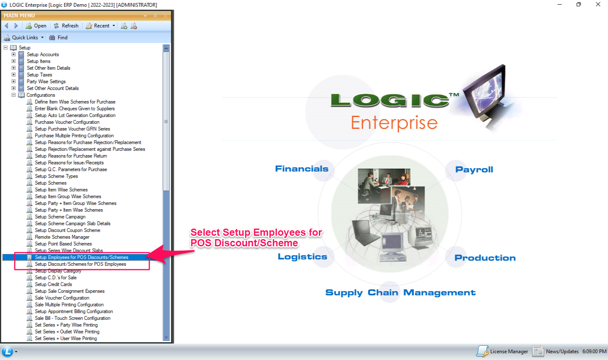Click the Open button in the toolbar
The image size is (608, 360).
pyautogui.click(x=36, y=26)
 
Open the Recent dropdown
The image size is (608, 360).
pyautogui.click(x=101, y=26)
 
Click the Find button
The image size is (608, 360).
pyautogui.click(x=58, y=38)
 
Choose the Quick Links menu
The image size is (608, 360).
pyautogui.click(x=24, y=38)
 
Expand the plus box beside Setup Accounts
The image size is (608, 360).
pyautogui.click(x=14, y=54)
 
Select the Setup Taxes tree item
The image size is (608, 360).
pyautogui.click(x=39, y=75)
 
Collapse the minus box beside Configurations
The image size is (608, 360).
pyautogui.click(x=14, y=95)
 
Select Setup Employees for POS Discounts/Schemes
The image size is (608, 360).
pyautogui.click(x=82, y=257)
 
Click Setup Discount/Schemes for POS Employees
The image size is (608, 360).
pyautogui.click(x=80, y=264)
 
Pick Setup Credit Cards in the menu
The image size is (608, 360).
pyautogui.click(x=53, y=284)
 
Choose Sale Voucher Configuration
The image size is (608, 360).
pyautogui.click(x=62, y=298)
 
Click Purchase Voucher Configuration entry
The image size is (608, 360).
pyautogui.click(x=67, y=122)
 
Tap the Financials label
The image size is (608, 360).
pyautogui.click(x=301, y=169)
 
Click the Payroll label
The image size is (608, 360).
pyautogui.click(x=474, y=169)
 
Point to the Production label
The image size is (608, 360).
pyautogui.click(x=485, y=258)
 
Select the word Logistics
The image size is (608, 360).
pyautogui.click(x=302, y=256)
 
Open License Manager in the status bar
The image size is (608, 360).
pyautogui.click(x=502, y=351)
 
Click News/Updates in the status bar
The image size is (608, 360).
pyautogui.click(x=556, y=351)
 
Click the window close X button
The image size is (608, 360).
pyautogui.click(x=598, y=4)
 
